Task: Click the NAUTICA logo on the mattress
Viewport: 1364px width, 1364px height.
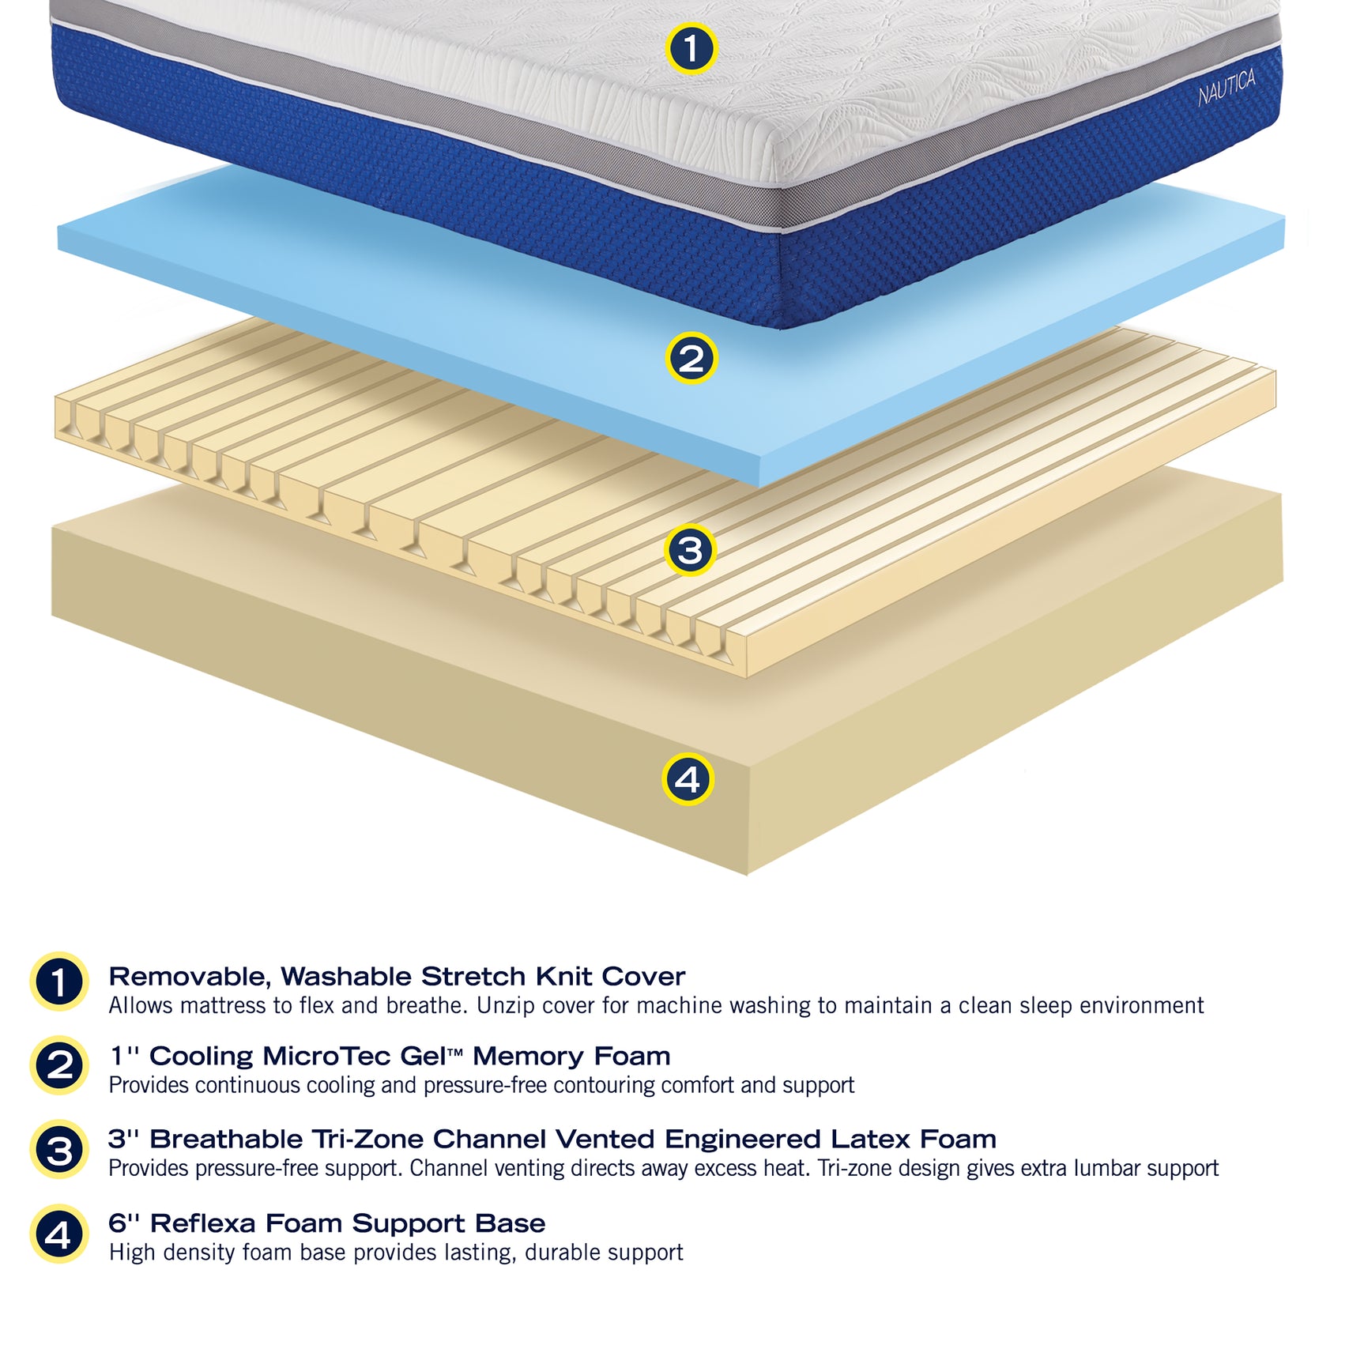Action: pos(1226,87)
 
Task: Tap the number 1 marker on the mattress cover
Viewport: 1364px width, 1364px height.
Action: pos(691,48)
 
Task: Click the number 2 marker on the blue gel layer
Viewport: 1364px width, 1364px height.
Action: pos(691,358)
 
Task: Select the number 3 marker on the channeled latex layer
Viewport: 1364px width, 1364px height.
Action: pos(690,550)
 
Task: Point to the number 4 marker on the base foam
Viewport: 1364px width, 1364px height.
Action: pos(688,779)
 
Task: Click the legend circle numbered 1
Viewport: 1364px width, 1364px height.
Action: pos(59,982)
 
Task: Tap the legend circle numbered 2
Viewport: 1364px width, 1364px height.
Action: pos(59,1065)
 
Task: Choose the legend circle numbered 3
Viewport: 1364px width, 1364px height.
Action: pos(59,1150)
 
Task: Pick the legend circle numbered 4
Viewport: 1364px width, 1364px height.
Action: pos(59,1234)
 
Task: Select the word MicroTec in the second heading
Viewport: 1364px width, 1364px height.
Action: pos(326,1057)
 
